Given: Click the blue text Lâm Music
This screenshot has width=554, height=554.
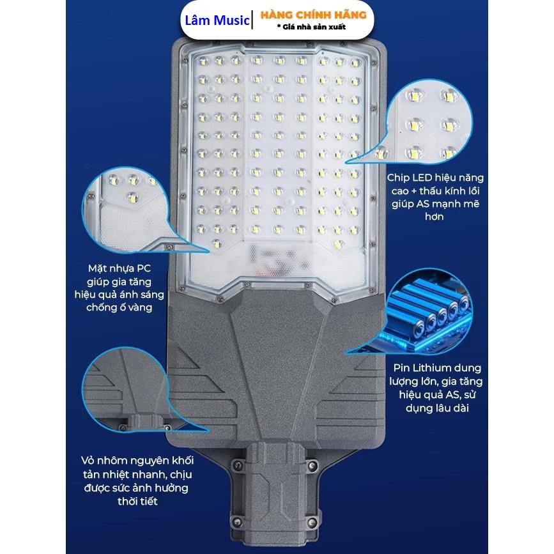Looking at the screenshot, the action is (217, 20).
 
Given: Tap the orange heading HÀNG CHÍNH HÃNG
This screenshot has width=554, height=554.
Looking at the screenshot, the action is (313, 15).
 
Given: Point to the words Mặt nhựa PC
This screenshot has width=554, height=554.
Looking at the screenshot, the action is (119, 268).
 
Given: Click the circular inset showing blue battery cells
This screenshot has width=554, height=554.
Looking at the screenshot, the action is (429, 312).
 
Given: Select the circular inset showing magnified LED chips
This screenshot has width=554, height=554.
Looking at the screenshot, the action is (429, 121).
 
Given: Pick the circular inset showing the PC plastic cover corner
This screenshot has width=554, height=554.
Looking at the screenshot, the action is (125, 210).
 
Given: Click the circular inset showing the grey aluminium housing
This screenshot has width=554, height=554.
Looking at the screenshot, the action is (125, 390).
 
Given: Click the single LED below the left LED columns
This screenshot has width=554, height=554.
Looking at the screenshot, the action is (217, 244).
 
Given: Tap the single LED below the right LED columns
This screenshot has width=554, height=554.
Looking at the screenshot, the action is (338, 244).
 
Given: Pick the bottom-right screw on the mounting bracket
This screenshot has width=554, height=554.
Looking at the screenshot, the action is (312, 522).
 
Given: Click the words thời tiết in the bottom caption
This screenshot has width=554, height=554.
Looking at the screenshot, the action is (137, 502).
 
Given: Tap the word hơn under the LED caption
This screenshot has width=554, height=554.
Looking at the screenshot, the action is (435, 217).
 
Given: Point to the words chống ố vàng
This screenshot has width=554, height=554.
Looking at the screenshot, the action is (119, 307).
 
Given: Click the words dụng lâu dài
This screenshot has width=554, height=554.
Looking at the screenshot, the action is (437, 408).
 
